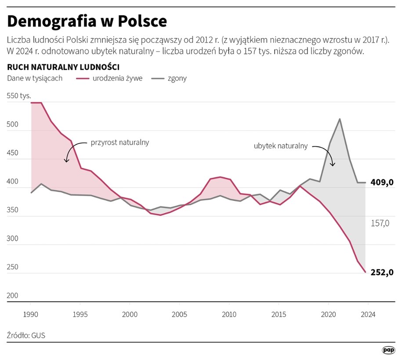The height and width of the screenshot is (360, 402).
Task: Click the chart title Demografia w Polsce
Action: tap(87, 22)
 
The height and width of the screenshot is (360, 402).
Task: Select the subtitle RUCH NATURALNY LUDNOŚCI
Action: tap(63, 67)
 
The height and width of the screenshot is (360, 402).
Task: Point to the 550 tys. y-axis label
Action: tap(19, 96)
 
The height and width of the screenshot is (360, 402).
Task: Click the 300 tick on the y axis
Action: tap(13, 238)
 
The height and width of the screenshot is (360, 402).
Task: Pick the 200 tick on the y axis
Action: tap(13, 295)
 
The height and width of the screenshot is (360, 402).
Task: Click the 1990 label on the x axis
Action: tap(30, 314)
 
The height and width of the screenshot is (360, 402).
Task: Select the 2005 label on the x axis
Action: tap(179, 314)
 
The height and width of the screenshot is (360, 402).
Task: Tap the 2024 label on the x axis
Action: tap(368, 314)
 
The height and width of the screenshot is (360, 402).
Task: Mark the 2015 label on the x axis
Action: tap(279, 314)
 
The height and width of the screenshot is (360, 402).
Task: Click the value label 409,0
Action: tap(381, 182)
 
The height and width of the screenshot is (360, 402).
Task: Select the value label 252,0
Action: tap(381, 273)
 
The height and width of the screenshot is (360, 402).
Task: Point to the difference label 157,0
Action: tap(380, 223)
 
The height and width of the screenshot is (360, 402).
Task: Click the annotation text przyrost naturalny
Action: tap(120, 142)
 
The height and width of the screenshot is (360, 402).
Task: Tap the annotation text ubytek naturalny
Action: tap(280, 146)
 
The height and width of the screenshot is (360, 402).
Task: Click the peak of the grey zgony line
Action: tap(340, 119)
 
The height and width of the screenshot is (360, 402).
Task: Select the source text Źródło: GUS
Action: tap(26, 335)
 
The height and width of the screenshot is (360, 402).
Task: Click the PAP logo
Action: tap(388, 350)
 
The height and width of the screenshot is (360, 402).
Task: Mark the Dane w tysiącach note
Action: tap(35, 78)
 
